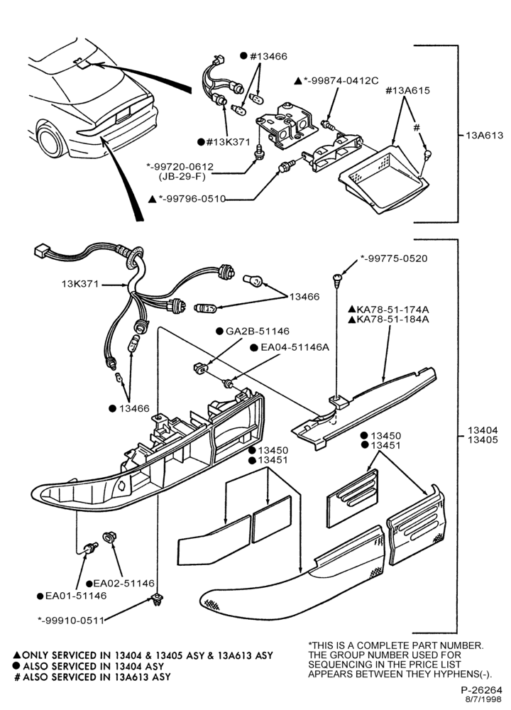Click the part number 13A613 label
click(x=484, y=135)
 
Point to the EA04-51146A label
click(x=295, y=347)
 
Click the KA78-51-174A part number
click(x=392, y=310)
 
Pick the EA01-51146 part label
click(x=76, y=596)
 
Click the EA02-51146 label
click(x=123, y=583)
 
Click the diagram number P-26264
click(x=482, y=691)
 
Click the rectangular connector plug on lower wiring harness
click(x=41, y=251)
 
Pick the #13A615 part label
click(x=408, y=91)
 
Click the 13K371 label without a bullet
click(x=79, y=285)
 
